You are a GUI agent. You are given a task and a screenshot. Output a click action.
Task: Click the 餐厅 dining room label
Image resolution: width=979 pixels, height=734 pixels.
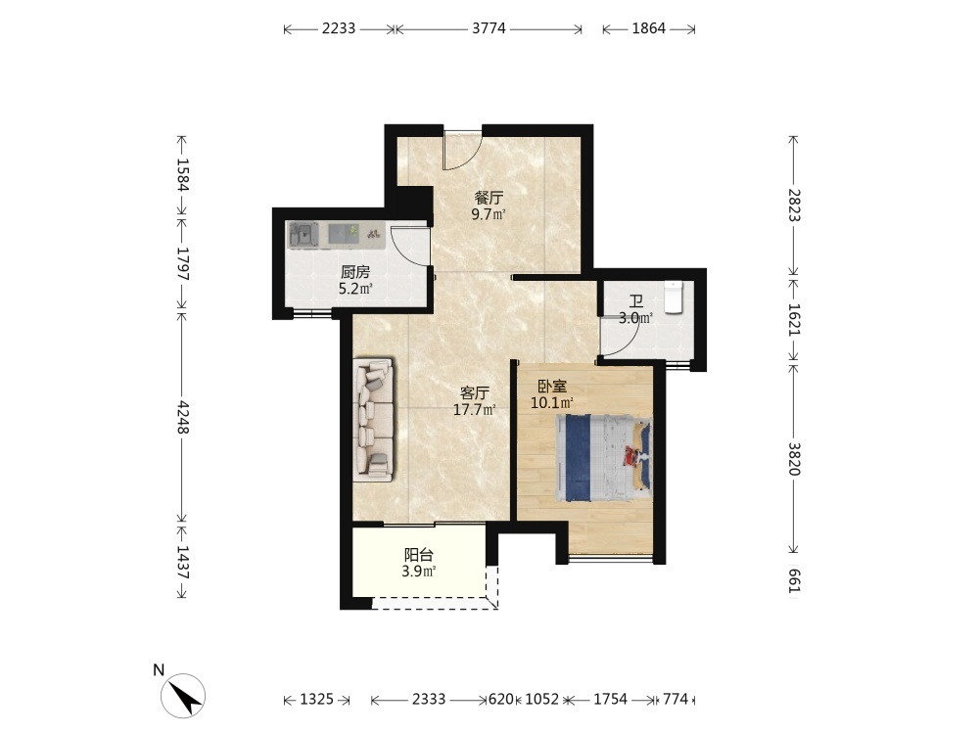click(489, 199)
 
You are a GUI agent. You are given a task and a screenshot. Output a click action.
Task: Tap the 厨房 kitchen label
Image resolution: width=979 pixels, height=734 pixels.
click(355, 272)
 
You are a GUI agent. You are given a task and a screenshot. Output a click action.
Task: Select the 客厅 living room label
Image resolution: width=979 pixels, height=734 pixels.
click(475, 393)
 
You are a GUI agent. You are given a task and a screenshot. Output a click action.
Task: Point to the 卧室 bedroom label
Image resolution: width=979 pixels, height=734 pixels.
click(552, 387)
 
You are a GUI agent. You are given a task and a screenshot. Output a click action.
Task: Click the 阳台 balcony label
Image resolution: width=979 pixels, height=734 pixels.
click(419, 554)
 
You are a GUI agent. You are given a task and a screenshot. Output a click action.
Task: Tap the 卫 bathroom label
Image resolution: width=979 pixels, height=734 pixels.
click(635, 303)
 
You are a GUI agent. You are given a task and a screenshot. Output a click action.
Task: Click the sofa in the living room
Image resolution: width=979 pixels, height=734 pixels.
click(373, 420)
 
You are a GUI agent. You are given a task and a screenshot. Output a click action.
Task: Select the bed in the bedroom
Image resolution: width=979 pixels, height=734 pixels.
click(604, 459)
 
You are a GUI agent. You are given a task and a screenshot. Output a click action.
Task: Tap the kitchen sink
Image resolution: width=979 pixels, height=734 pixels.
click(303, 235)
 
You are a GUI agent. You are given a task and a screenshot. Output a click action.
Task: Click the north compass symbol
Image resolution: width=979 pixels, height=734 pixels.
click(183, 695)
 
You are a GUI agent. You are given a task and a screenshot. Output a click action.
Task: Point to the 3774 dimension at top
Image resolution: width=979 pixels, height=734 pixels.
click(489, 28)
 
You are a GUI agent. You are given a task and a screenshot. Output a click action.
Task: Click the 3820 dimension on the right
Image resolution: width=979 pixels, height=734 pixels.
click(794, 459)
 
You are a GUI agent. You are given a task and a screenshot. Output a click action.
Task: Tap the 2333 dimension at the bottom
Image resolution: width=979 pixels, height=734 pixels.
click(429, 699)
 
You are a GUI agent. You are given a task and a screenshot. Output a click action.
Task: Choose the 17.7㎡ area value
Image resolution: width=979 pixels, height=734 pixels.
click(475, 410)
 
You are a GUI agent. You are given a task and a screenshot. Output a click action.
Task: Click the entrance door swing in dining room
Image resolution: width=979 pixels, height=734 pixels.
click(462, 150)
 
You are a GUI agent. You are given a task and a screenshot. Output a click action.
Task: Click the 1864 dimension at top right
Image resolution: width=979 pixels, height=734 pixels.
click(649, 28)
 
